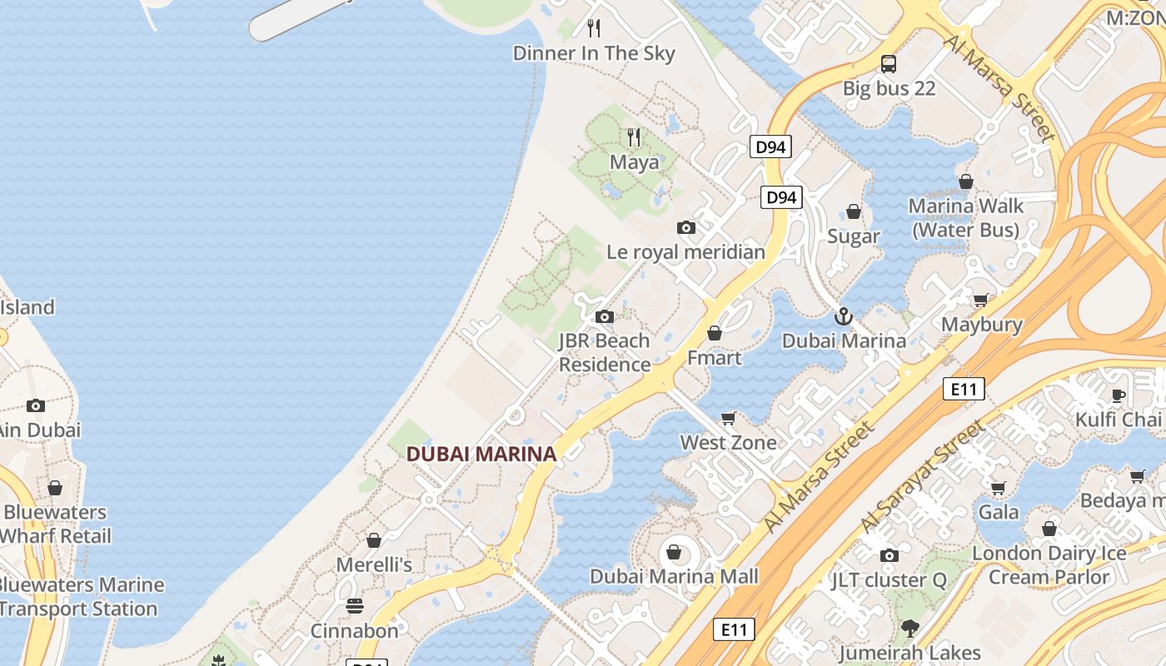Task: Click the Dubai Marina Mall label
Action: [674, 576]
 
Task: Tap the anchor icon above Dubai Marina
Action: [844, 316]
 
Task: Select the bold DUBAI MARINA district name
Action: [481, 454]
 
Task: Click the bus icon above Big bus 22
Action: [889, 63]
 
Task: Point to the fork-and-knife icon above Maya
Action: [635, 137]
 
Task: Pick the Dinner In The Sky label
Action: [594, 53]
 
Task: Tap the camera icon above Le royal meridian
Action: [686, 227]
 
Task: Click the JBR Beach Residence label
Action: [605, 352]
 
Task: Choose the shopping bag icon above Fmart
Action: [715, 333]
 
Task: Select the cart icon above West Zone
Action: [729, 418]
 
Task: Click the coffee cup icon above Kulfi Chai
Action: [1119, 395]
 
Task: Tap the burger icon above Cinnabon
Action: [355, 605]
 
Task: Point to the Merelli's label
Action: [374, 564]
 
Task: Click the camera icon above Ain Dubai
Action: [36, 405]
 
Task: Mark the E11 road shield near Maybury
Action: [964, 388]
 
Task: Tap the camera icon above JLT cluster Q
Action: [889, 555]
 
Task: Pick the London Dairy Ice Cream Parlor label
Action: [1049, 564]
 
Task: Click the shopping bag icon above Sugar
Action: [854, 211]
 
